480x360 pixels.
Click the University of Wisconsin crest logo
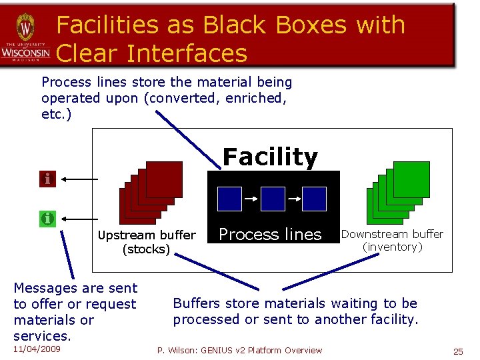(25, 28)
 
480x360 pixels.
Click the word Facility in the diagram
(270, 157)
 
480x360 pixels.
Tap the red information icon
(47, 179)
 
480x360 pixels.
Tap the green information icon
(47, 218)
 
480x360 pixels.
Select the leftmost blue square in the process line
(229, 199)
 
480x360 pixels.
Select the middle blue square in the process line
(272, 199)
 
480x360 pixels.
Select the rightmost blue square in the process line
(314, 199)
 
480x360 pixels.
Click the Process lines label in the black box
(270, 235)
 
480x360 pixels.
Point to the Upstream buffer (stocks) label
(147, 242)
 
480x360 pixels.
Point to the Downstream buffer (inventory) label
(392, 240)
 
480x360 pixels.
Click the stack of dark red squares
(151, 193)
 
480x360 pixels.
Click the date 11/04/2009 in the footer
(37, 349)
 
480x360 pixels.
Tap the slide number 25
(458, 351)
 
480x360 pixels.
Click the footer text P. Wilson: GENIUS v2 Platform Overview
(239, 350)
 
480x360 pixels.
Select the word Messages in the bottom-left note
(44, 288)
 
